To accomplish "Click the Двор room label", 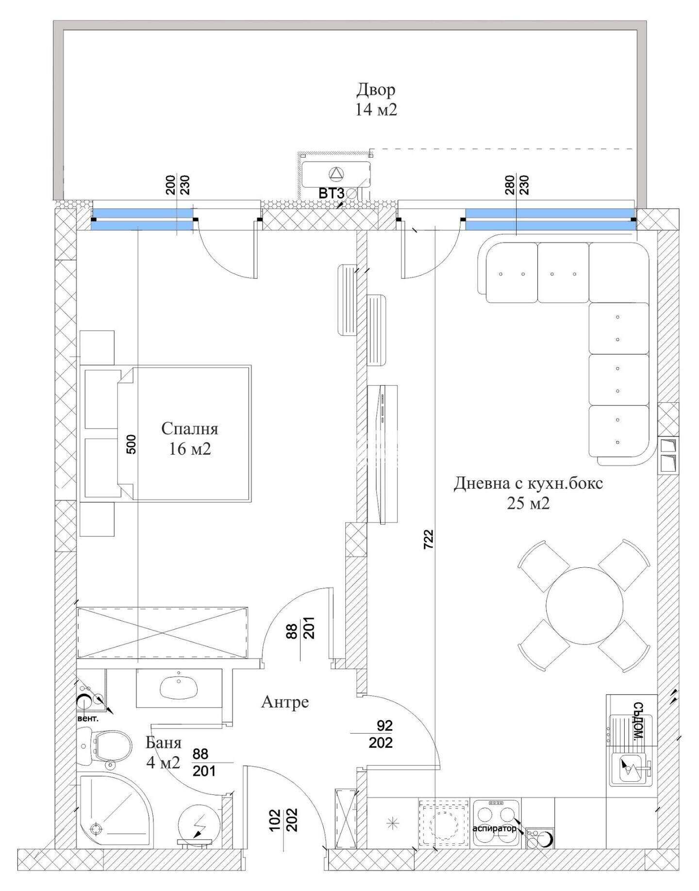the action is point(376,90).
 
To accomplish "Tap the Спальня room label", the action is point(189,429).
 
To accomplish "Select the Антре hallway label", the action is point(285,702).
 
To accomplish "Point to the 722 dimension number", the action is point(428,539).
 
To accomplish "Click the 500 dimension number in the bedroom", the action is point(131,444).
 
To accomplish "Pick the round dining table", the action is point(584,606).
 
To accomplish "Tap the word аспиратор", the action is point(494,828).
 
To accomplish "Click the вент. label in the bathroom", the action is point(88,718).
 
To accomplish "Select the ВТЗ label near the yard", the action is point(331,194).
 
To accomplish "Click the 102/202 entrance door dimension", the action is point(283,820).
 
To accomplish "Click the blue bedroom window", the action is point(143,219).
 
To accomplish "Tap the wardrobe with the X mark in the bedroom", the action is point(163,632).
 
